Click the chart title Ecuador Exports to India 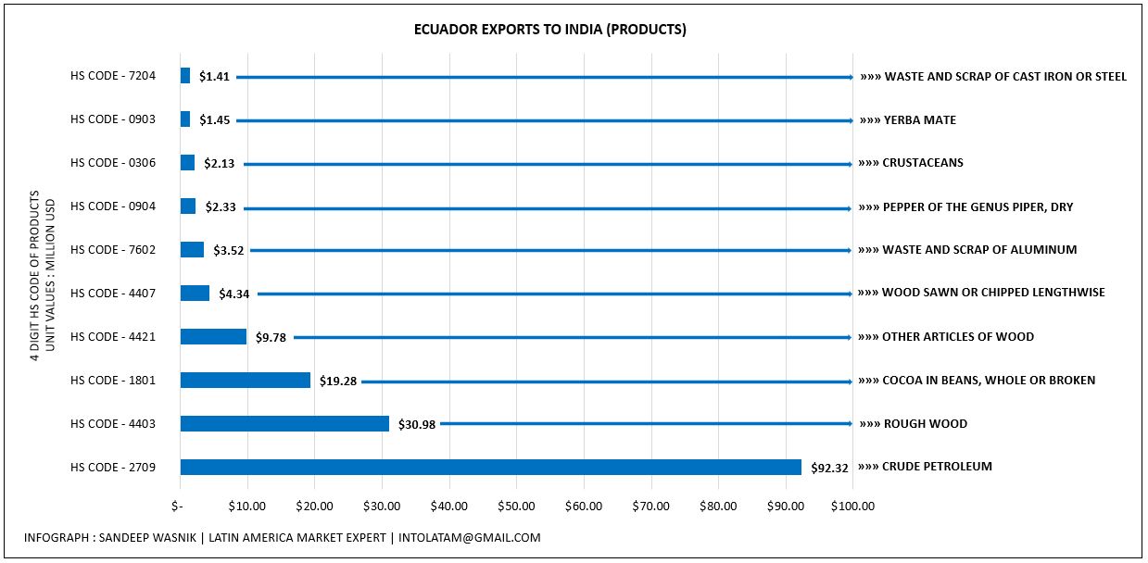pos(550,30)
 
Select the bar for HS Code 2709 pos(490,468)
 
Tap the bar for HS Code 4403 pos(284,424)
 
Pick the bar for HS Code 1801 pos(245,380)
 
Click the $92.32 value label pos(829,468)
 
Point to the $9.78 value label pos(271,338)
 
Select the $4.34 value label pos(233,294)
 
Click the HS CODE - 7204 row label pos(113,76)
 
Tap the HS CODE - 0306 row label pos(113,163)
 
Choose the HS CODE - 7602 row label pos(113,250)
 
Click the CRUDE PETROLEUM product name pos(937,467)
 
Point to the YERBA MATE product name pos(920,119)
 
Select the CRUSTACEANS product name pos(923,163)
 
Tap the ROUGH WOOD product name pos(926,424)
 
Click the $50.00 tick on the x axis pos(516,507)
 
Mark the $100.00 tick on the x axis pos(852,507)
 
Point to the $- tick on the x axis pos(177,507)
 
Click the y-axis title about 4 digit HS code pos(42,276)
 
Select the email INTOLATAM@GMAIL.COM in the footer pos(470,538)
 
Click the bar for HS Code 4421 pos(213,336)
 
